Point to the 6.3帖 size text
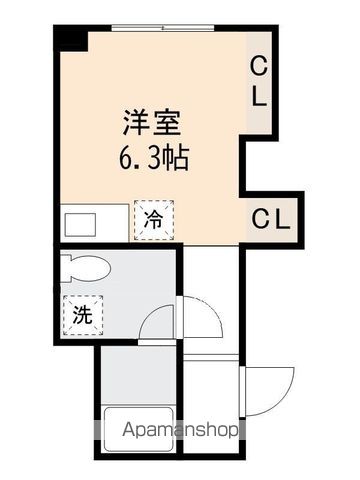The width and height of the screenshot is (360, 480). (153, 158)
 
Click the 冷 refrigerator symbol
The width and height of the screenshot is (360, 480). (154, 219)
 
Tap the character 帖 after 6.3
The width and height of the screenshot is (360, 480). (178, 158)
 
